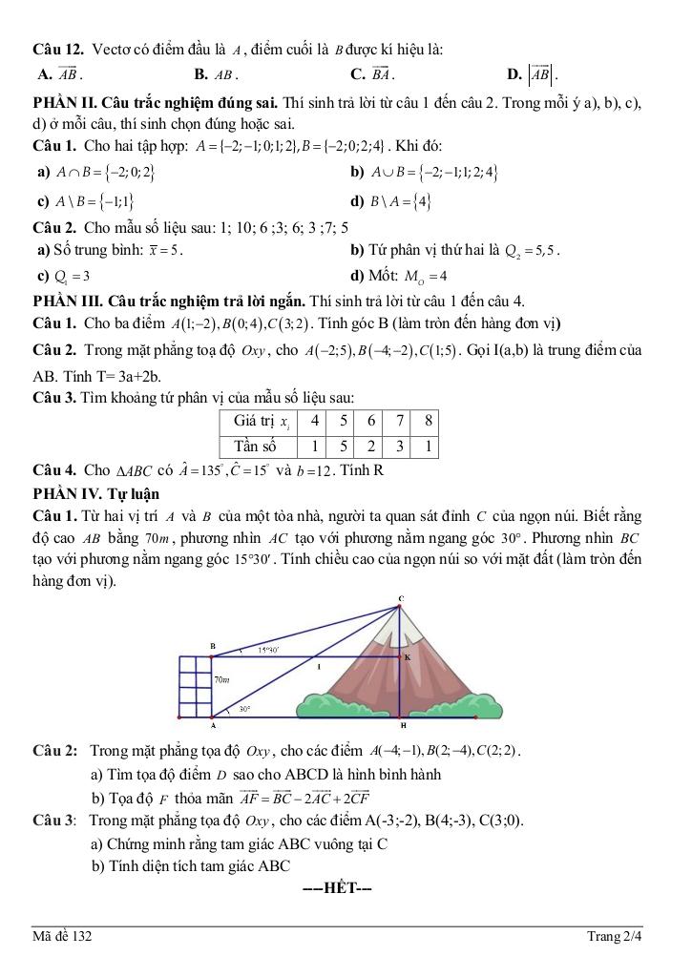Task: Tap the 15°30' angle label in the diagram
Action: point(267,651)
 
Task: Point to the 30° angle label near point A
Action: point(244,709)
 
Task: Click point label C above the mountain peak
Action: point(401,598)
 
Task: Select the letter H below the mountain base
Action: point(403,726)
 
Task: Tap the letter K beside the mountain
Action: point(408,657)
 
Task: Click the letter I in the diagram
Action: point(320,668)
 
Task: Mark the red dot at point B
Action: point(213,656)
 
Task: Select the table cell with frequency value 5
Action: point(343,446)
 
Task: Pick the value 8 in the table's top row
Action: point(429,421)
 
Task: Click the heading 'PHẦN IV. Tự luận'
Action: point(95,493)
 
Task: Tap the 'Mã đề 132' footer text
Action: point(63,937)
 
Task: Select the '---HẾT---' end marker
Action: point(336,890)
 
